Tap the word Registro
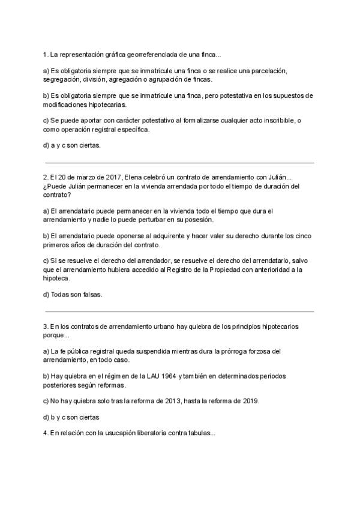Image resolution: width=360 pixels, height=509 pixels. pos(167,270)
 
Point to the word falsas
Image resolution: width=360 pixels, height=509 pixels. pos(89,294)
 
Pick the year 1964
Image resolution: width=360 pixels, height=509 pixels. pos(190,375)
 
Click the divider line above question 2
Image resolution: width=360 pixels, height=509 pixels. pos(180,162)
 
